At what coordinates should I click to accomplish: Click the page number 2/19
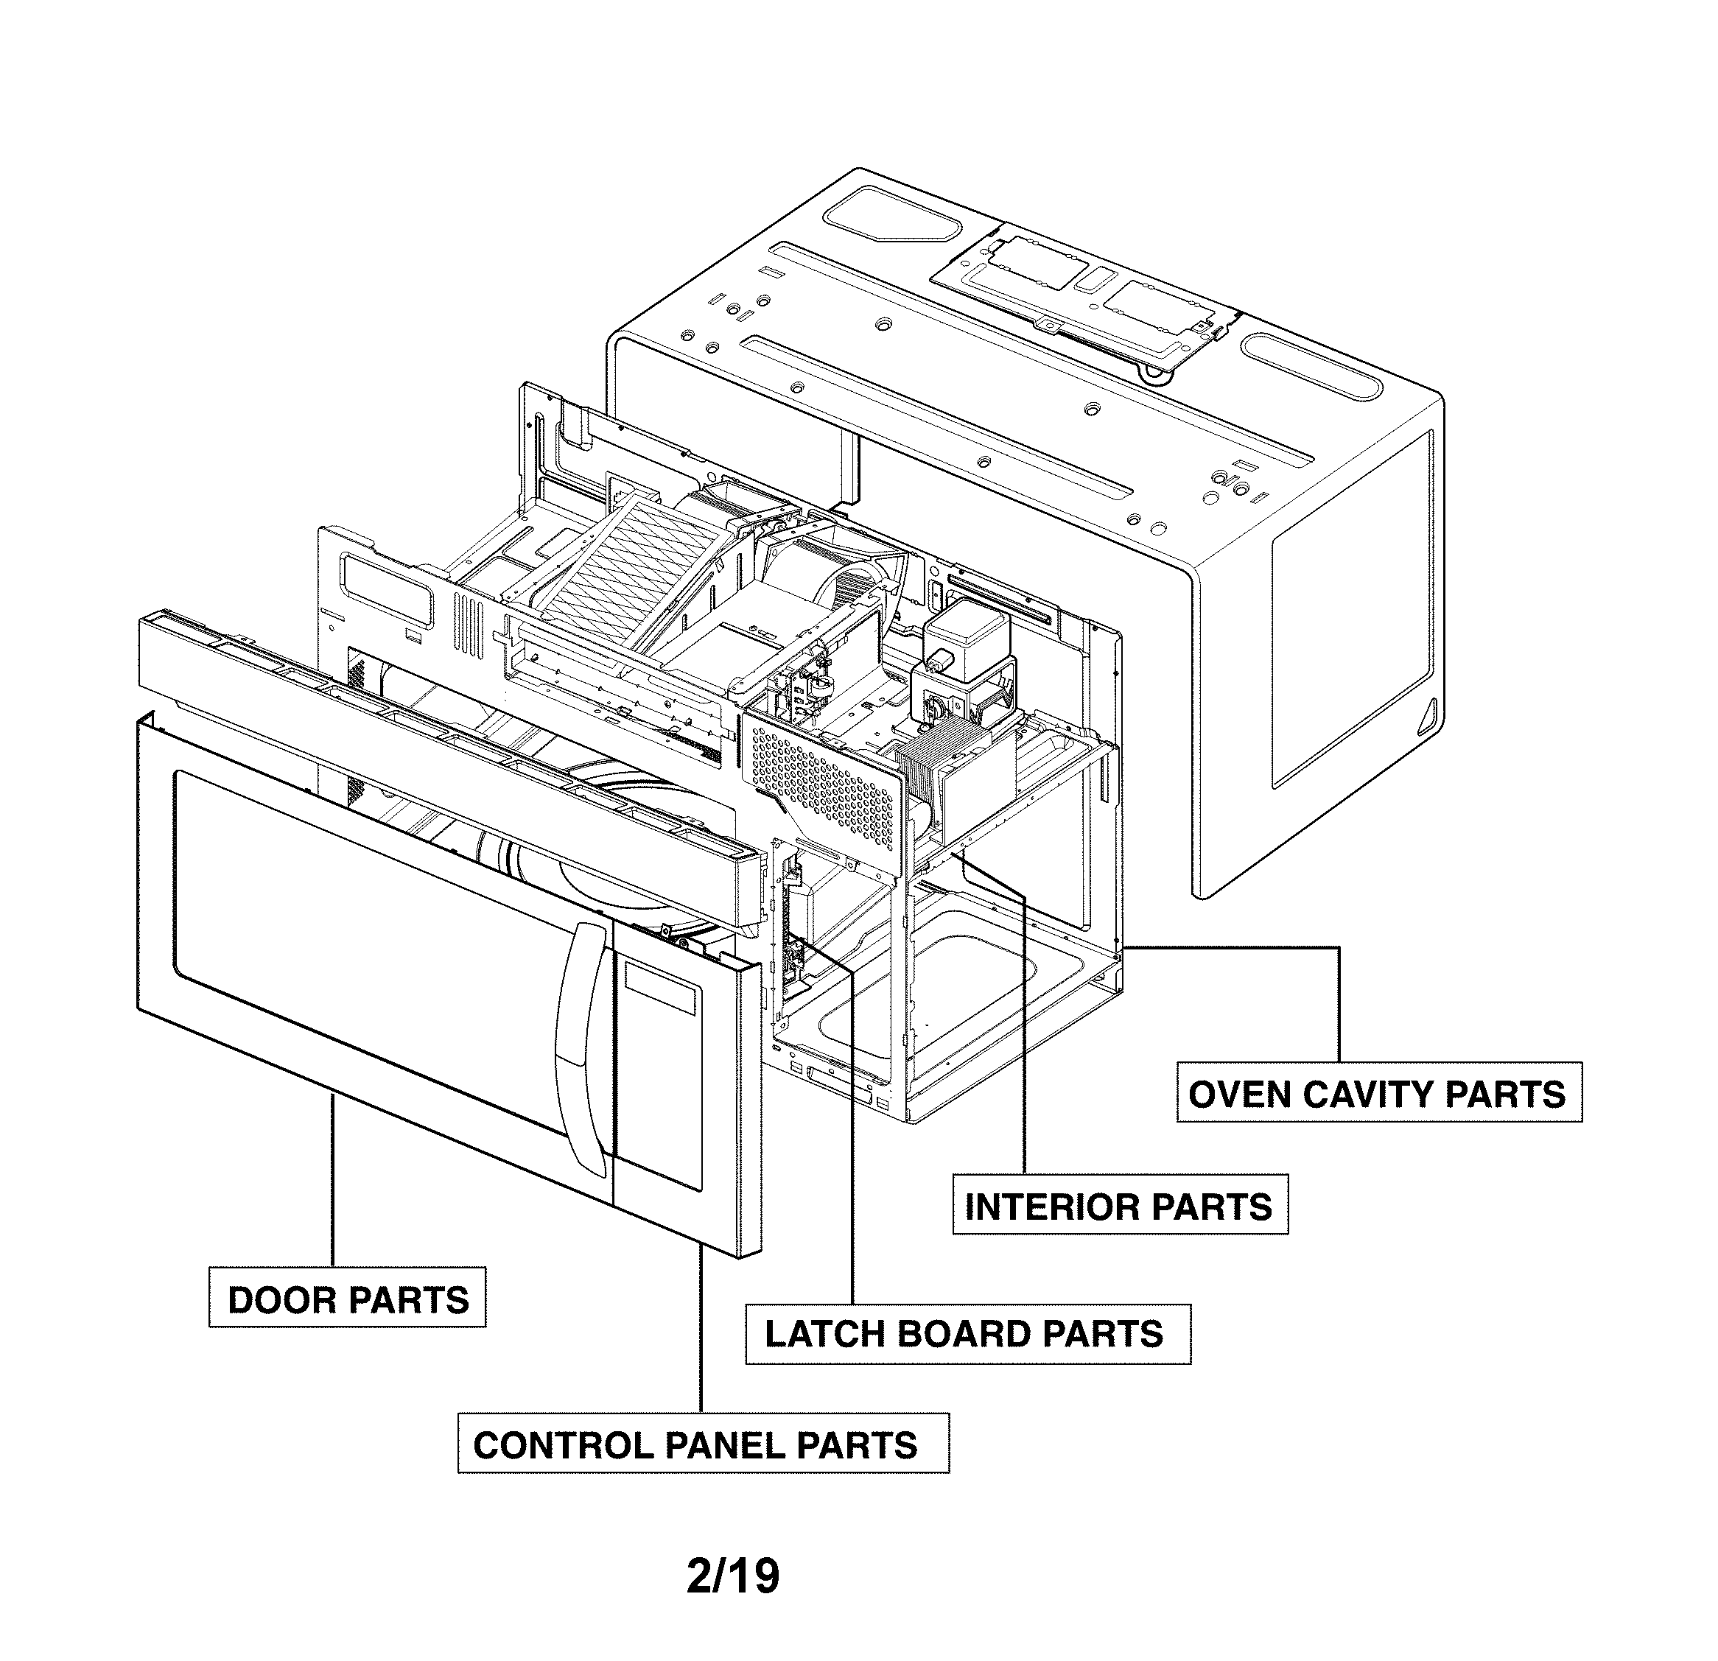click(x=733, y=1576)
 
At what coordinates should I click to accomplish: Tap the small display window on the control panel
click(x=662, y=986)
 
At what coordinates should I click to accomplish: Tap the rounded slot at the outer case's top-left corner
click(x=891, y=216)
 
